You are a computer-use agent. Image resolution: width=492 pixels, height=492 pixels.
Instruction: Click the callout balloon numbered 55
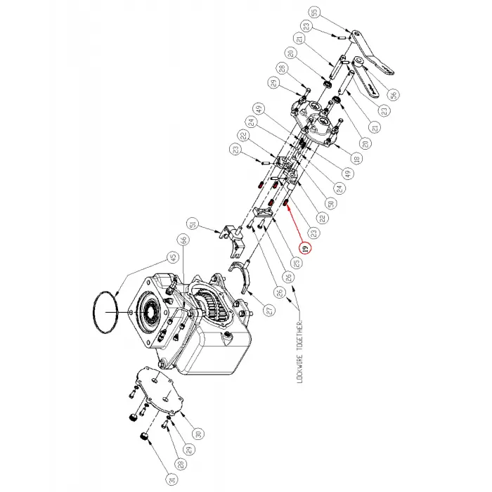(314, 11)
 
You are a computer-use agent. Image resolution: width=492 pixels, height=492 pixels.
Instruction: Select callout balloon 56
(393, 93)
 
